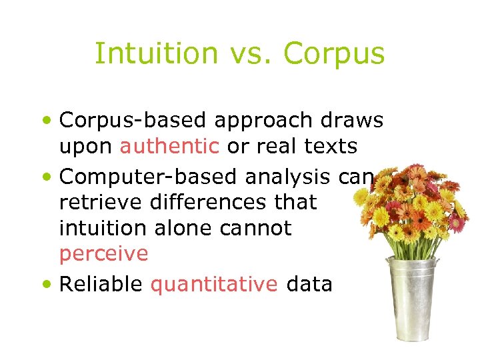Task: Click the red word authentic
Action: click(x=169, y=145)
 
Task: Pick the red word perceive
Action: click(x=103, y=254)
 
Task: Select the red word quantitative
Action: click(x=214, y=285)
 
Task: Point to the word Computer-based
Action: click(x=149, y=177)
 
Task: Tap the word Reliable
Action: click(x=101, y=284)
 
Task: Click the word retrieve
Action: click(x=95, y=202)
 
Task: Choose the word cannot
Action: click(x=257, y=228)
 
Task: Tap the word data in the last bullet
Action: click(x=309, y=284)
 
